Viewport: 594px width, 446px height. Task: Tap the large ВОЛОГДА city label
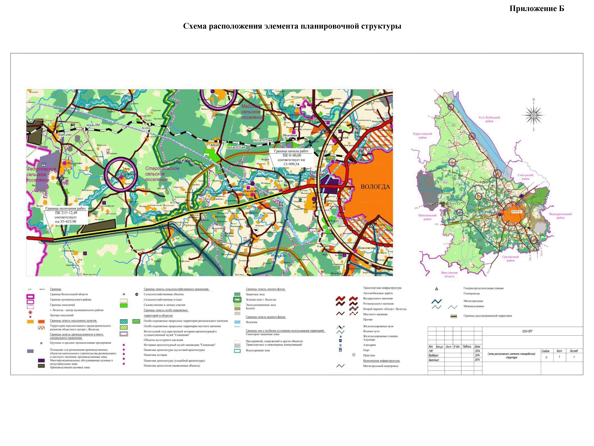point(375,187)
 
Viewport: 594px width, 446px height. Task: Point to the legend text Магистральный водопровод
point(381,366)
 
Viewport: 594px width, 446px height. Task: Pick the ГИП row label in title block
point(431,351)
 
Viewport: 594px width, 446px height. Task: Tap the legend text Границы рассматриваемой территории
point(487,316)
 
